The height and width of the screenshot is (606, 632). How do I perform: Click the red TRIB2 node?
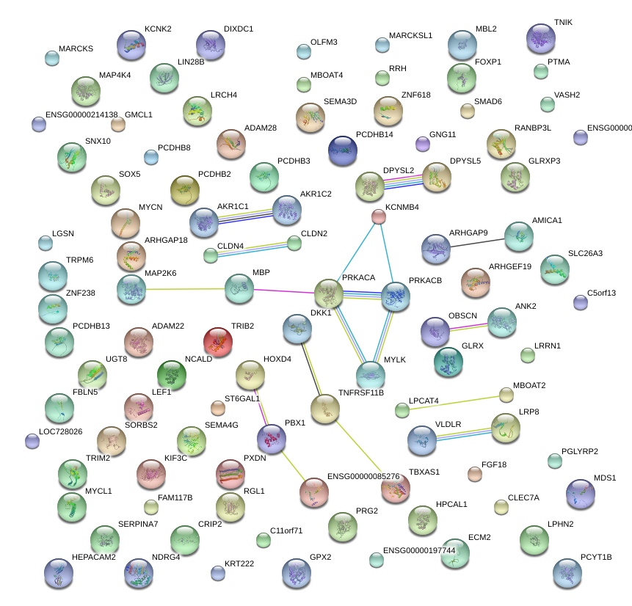pyautogui.click(x=217, y=343)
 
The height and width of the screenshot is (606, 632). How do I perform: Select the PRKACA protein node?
pyautogui.click(x=329, y=293)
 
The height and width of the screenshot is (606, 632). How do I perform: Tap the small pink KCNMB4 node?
pyautogui.click(x=378, y=216)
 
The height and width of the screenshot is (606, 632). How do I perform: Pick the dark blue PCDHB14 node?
pyautogui.click(x=343, y=150)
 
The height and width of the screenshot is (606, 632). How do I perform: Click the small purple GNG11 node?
pyautogui.click(x=422, y=144)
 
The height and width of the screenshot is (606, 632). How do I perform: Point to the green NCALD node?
pyautogui.click(x=172, y=375)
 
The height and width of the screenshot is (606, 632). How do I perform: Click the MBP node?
pyautogui.click(x=239, y=289)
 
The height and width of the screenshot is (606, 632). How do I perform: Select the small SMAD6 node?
pyautogui.click(x=467, y=111)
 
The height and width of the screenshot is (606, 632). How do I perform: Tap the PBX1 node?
pyautogui.click(x=271, y=438)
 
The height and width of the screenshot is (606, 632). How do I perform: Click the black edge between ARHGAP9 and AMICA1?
pyautogui.click(x=477, y=241)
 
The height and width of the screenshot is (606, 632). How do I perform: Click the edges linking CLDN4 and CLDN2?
pyautogui.click(x=253, y=249)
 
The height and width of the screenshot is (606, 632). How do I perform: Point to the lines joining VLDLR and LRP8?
pyautogui.click(x=464, y=433)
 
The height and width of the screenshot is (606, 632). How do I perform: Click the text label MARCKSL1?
pyautogui.click(x=410, y=35)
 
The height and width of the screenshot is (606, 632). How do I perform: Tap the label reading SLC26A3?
pyautogui.click(x=585, y=254)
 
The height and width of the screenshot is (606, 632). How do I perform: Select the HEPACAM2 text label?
pyautogui.click(x=94, y=558)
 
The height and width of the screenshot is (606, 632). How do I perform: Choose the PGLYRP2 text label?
pyautogui.click(x=579, y=451)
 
